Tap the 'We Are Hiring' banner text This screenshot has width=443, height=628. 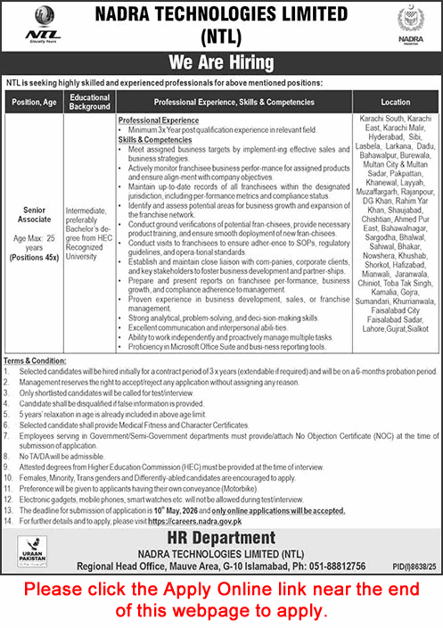pos(220,63)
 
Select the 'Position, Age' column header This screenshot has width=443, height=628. pos(34,102)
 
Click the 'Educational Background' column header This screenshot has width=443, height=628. pos(89,102)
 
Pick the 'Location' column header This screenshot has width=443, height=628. pos(393,102)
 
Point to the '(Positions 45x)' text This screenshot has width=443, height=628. pos(34,256)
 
